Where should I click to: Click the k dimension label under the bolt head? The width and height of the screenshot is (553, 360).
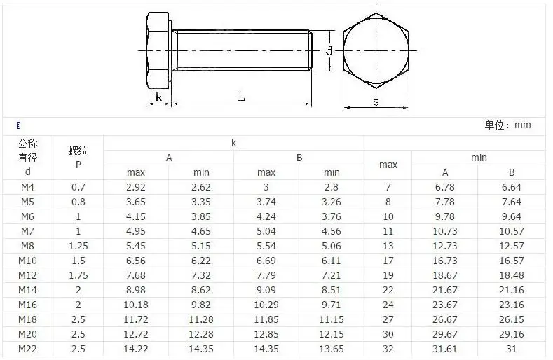click(158, 96)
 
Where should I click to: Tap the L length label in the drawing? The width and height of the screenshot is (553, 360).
click(241, 96)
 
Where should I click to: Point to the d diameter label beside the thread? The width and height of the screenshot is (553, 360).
click(329, 51)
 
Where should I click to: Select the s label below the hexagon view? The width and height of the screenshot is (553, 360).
click(376, 102)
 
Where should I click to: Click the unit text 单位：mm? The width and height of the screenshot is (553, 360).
click(507, 125)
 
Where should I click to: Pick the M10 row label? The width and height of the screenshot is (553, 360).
click(27, 261)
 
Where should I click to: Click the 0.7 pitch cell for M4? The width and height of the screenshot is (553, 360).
click(78, 187)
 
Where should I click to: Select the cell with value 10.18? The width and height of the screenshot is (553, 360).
click(136, 305)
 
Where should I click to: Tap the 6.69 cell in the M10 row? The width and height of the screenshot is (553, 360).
click(266, 261)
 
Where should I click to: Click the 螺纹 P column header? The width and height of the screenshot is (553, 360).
click(78, 158)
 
